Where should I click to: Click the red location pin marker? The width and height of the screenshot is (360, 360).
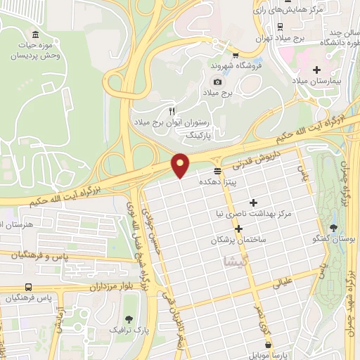tap(180, 165)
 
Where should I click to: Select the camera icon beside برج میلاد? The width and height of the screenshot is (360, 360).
tap(218, 82)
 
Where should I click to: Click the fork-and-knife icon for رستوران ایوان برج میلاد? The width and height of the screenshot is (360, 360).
tap(172, 111)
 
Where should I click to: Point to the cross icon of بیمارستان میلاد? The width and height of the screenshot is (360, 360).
tap(316, 70)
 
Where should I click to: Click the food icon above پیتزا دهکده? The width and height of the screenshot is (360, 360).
tap(217, 171)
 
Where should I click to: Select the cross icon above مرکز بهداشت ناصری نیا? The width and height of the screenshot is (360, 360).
tap(254, 202)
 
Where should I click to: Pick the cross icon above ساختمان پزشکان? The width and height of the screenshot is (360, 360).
tap(239, 229)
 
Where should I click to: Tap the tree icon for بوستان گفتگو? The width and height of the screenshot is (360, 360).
tap(333, 228)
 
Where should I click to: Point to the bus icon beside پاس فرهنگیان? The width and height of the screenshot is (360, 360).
tap(28, 287)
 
